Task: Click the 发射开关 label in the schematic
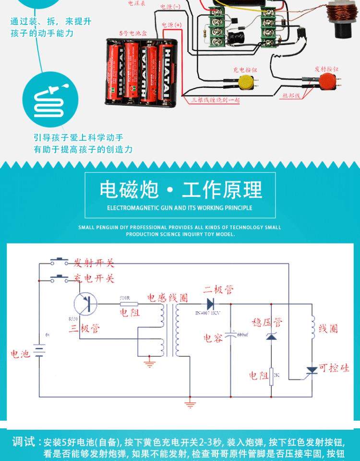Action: coord(94,263)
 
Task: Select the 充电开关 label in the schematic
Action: coord(94,278)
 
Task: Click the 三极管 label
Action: coord(84,328)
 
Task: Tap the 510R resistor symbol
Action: coord(128,303)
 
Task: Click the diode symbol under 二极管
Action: coord(210,303)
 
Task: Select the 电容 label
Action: coord(213,338)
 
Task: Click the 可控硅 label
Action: coord(334,368)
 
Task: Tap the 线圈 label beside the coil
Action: coord(328,328)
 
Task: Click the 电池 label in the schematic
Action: coord(21,354)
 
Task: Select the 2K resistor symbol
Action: coord(271,376)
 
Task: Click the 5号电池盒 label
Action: coord(130,34)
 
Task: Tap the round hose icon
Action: coord(50,99)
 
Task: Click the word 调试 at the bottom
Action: coord(24,441)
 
